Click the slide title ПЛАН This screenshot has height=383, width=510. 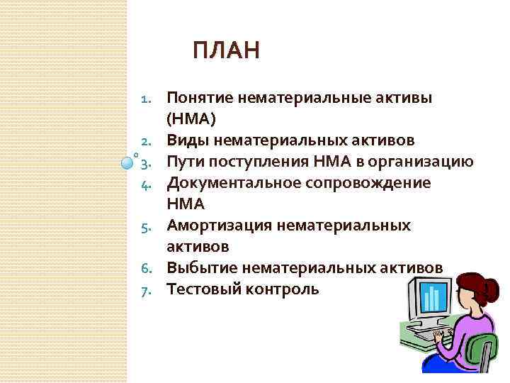(x=226, y=52)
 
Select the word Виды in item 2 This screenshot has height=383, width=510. (x=185, y=140)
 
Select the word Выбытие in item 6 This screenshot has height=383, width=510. (x=202, y=267)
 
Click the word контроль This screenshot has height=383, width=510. (x=283, y=289)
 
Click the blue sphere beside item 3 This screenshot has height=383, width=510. (x=126, y=162)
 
